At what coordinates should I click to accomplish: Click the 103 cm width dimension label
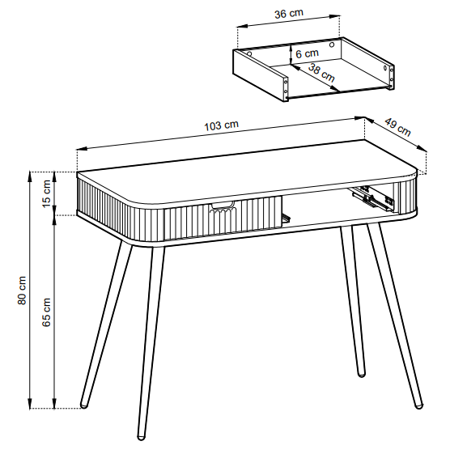[222, 125]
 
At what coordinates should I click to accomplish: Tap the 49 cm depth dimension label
[398, 127]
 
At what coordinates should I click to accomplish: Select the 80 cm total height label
[22, 290]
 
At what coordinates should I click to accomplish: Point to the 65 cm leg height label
[46, 312]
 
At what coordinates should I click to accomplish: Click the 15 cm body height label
[46, 193]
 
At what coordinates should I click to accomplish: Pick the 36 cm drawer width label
[289, 13]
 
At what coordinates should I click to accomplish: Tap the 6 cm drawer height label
[308, 53]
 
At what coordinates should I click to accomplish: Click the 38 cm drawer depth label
[321, 73]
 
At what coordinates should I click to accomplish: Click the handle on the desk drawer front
[223, 206]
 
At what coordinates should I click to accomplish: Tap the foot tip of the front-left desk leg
[141, 438]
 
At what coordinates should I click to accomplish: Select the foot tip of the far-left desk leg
[83, 405]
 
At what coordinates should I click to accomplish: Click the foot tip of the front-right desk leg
[419, 405]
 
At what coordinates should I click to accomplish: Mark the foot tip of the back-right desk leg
[362, 375]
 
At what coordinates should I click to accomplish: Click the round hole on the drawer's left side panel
[249, 54]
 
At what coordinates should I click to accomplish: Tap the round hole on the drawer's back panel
[332, 45]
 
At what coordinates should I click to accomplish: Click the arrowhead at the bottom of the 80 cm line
[29, 403]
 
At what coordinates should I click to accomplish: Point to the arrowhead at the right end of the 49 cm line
[422, 148]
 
